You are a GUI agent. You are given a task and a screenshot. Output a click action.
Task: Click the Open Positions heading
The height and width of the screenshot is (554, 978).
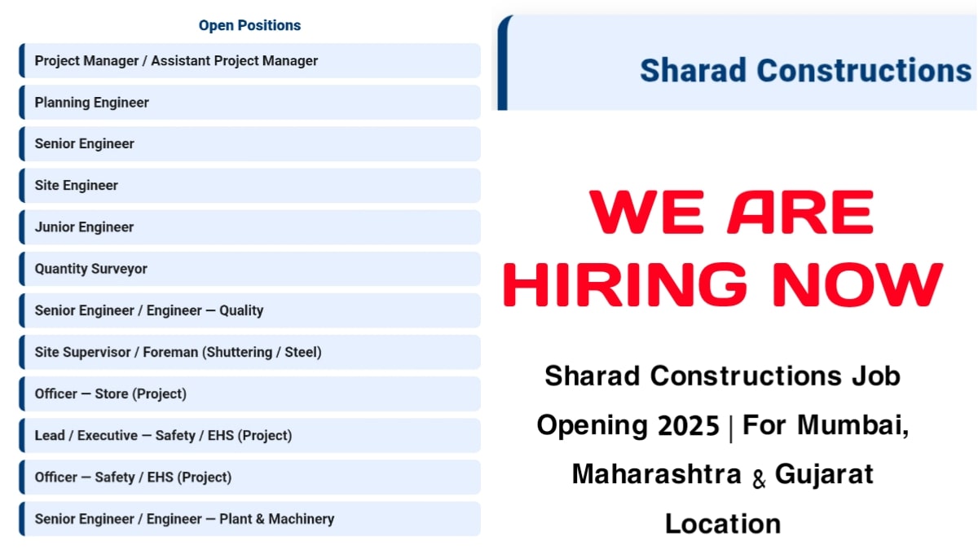click(x=249, y=25)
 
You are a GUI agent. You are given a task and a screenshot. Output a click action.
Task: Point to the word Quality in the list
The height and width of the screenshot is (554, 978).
click(x=241, y=310)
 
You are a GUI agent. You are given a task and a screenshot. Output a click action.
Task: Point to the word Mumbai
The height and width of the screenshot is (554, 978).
click(x=853, y=425)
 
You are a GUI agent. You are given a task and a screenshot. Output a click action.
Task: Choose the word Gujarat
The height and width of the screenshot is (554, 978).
click(x=824, y=474)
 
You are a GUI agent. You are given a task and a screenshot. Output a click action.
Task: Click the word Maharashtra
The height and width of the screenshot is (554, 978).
click(x=657, y=474)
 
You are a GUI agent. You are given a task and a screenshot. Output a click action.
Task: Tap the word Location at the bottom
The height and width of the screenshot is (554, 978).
click(x=723, y=523)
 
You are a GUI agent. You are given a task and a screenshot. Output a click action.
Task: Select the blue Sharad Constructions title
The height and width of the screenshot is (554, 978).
click(x=805, y=71)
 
